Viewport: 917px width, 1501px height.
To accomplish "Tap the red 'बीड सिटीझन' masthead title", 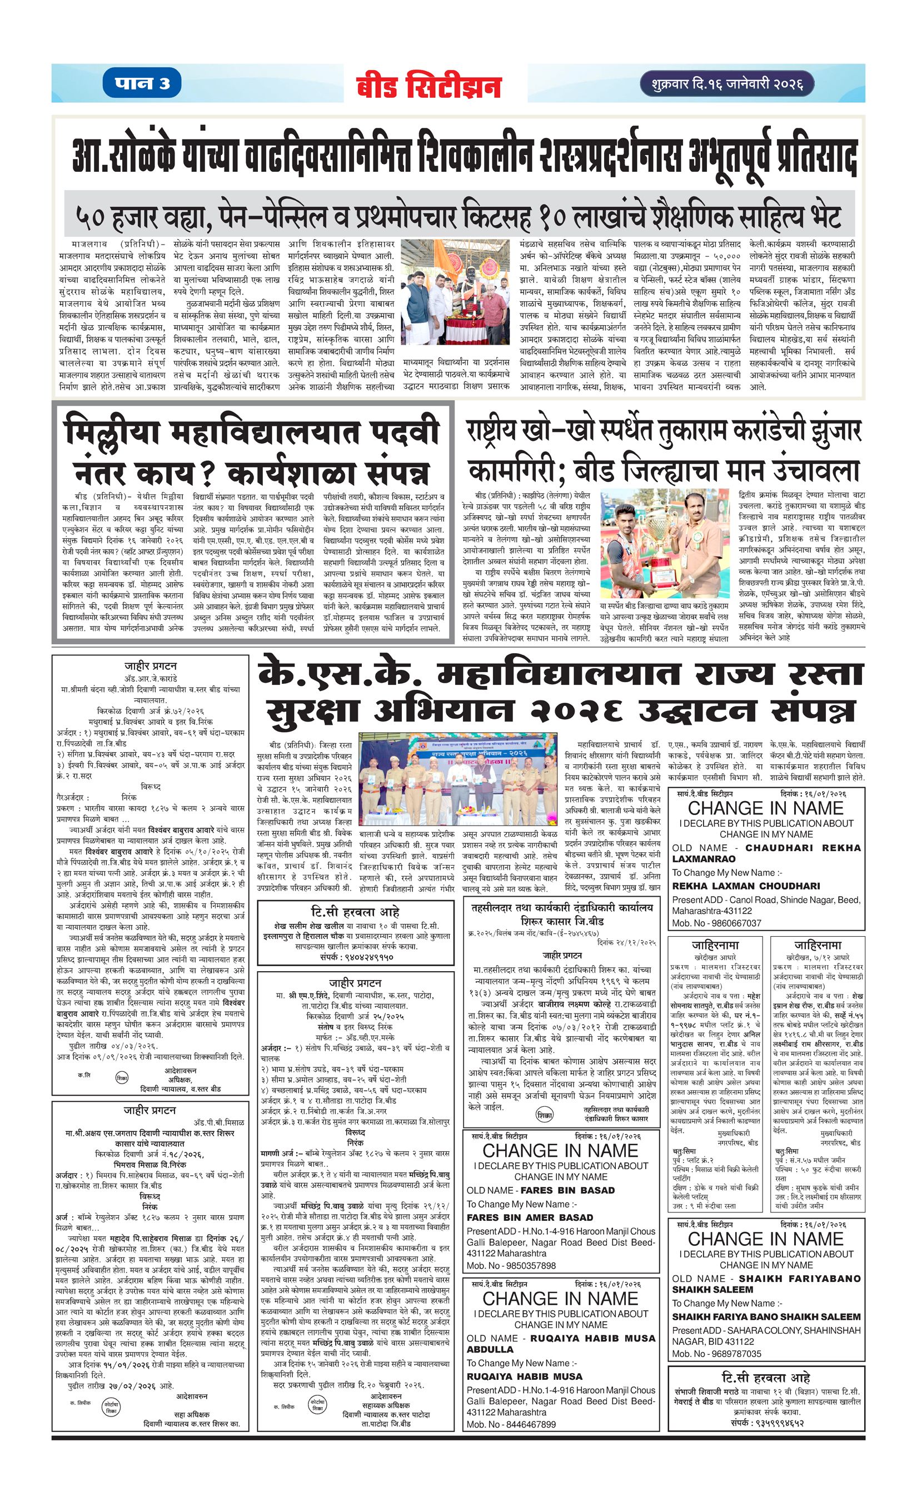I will pos(428,86).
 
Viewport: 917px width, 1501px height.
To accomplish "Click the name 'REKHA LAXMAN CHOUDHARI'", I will pos(746,886).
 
